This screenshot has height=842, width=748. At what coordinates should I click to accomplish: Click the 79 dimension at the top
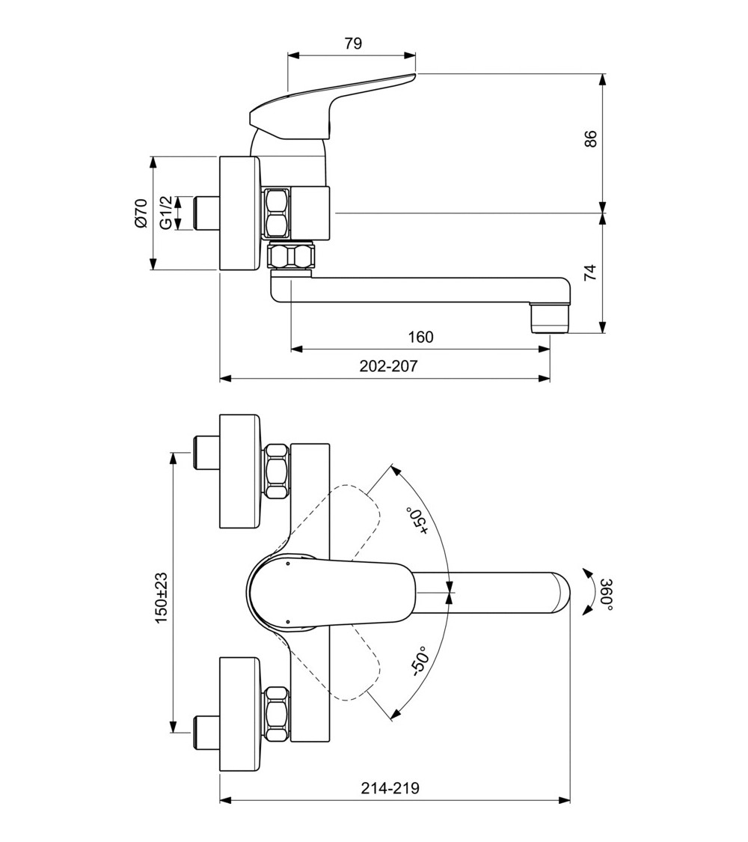tap(353, 43)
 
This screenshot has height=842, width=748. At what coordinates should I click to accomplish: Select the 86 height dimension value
tap(591, 138)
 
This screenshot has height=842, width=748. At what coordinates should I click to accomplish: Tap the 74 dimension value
tap(591, 272)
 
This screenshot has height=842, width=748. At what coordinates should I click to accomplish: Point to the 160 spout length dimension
tap(420, 338)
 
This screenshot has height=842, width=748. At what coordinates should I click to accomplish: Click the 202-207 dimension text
tap(388, 367)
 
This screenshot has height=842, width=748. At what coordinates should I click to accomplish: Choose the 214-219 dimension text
tap(390, 788)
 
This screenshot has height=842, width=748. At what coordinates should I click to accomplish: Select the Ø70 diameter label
tap(141, 213)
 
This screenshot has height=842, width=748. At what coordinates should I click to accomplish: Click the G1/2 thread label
tap(165, 213)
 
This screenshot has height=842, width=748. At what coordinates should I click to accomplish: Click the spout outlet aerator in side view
tap(550, 317)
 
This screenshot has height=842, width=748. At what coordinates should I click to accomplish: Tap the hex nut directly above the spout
tap(291, 257)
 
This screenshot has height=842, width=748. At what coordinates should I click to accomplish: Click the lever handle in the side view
tap(329, 105)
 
